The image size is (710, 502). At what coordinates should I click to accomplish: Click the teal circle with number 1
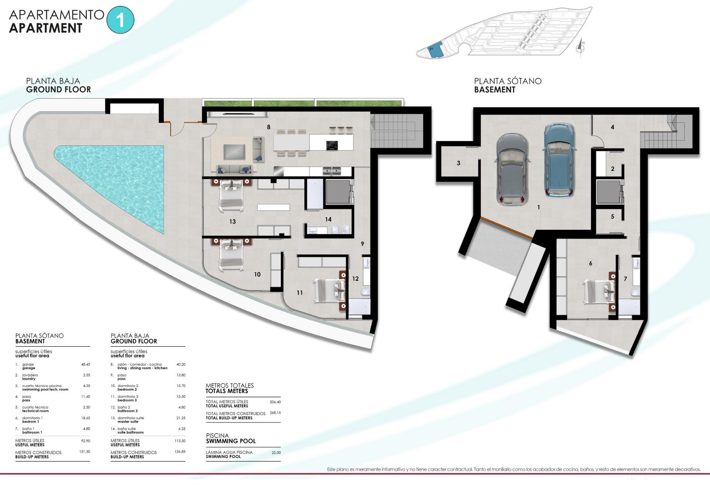[x=120, y=20]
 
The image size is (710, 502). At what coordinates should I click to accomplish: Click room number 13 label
[x=232, y=222]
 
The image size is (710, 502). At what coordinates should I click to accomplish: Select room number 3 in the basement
[x=459, y=163]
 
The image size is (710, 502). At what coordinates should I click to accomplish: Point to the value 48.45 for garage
[x=85, y=364]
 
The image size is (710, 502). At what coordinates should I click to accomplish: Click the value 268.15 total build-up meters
[x=275, y=413]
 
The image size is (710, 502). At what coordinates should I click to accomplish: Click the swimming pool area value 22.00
[x=276, y=452]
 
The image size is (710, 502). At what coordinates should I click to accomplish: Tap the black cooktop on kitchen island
[x=332, y=145]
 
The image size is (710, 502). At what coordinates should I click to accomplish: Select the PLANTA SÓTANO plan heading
[x=507, y=81]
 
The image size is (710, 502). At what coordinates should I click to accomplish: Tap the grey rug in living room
[x=234, y=151]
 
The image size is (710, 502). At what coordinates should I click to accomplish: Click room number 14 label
[x=328, y=220]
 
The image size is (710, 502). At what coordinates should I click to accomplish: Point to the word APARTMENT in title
[x=45, y=28]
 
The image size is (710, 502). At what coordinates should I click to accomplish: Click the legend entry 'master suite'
[x=128, y=422]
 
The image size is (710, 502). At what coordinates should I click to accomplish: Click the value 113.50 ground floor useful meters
[x=180, y=441]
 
